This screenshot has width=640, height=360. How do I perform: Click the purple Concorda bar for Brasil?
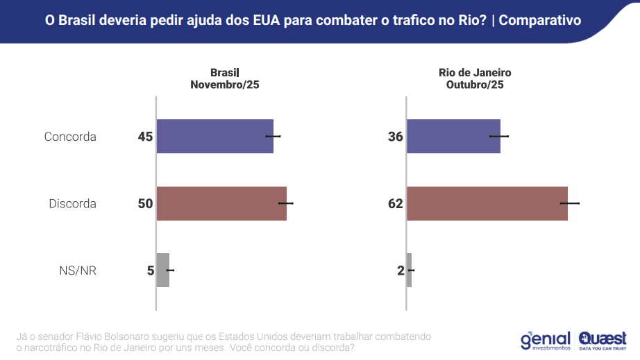(x=214, y=136)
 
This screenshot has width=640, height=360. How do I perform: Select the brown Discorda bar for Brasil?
(x=221, y=203)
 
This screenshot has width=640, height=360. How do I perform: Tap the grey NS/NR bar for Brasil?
(x=163, y=270)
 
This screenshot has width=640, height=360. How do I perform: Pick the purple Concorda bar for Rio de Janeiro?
(x=453, y=136)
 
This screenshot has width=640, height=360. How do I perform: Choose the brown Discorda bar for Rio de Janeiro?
(x=487, y=203)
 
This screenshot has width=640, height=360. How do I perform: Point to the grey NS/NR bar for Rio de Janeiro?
(x=409, y=270)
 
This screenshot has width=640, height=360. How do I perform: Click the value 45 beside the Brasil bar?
(x=145, y=137)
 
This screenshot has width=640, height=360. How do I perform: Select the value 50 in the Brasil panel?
(x=145, y=204)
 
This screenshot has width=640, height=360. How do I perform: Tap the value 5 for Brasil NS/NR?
(x=150, y=271)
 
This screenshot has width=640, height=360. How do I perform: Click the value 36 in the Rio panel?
(x=395, y=137)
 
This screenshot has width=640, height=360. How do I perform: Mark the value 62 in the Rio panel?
(x=395, y=204)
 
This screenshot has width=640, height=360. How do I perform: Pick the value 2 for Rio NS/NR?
(x=400, y=271)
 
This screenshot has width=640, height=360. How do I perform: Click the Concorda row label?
(x=70, y=137)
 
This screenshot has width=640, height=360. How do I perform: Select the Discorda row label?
(x=72, y=204)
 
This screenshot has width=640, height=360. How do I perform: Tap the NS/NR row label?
(x=78, y=271)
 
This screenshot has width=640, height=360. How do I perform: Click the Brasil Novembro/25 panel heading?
(x=224, y=78)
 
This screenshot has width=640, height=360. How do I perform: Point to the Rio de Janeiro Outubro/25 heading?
(x=475, y=78)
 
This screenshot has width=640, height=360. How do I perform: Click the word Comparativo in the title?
(x=540, y=20)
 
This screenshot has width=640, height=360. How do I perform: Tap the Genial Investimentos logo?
(x=545, y=339)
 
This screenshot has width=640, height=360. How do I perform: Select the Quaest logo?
(x=602, y=339)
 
